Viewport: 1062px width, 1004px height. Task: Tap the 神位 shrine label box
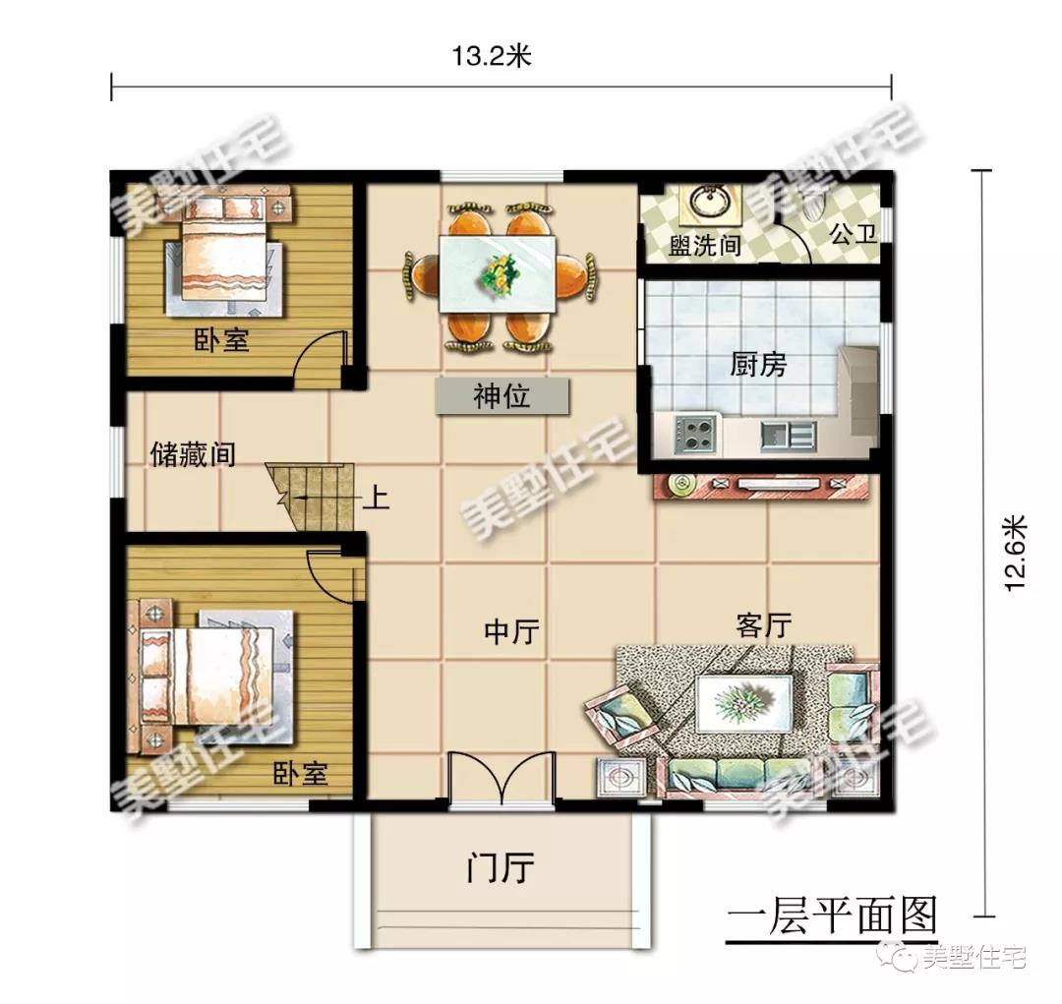click(x=502, y=396)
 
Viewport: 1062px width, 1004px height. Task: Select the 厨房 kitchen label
click(x=758, y=365)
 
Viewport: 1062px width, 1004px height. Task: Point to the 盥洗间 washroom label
click(x=704, y=244)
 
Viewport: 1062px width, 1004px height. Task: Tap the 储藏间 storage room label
click(x=193, y=453)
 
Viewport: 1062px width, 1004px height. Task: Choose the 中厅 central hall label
click(x=512, y=631)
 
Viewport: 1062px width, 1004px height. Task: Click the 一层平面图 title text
click(x=832, y=916)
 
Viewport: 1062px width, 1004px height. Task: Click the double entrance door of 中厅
click(x=501, y=781)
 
